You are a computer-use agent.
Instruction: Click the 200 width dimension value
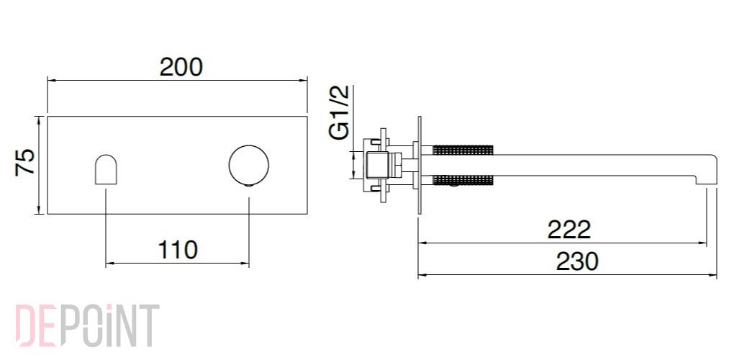point(181,67)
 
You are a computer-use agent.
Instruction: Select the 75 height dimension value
point(25,162)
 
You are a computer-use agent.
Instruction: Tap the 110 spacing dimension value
point(178,250)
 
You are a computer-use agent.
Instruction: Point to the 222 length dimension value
point(569,230)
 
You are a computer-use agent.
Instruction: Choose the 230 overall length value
point(577,261)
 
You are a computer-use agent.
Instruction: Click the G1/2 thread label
point(340,113)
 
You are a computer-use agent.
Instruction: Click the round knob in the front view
point(249,166)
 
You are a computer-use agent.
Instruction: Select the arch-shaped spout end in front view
point(106,169)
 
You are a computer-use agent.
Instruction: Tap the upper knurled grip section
point(463,150)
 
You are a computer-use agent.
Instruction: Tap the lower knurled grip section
point(463,180)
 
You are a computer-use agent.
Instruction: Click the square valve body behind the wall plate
point(379,166)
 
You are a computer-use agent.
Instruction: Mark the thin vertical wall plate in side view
point(420,166)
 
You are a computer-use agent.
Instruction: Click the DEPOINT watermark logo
point(88,325)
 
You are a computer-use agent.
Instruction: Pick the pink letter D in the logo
point(25,325)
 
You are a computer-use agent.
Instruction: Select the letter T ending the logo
point(149,325)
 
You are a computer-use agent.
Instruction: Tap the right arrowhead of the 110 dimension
point(245,264)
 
